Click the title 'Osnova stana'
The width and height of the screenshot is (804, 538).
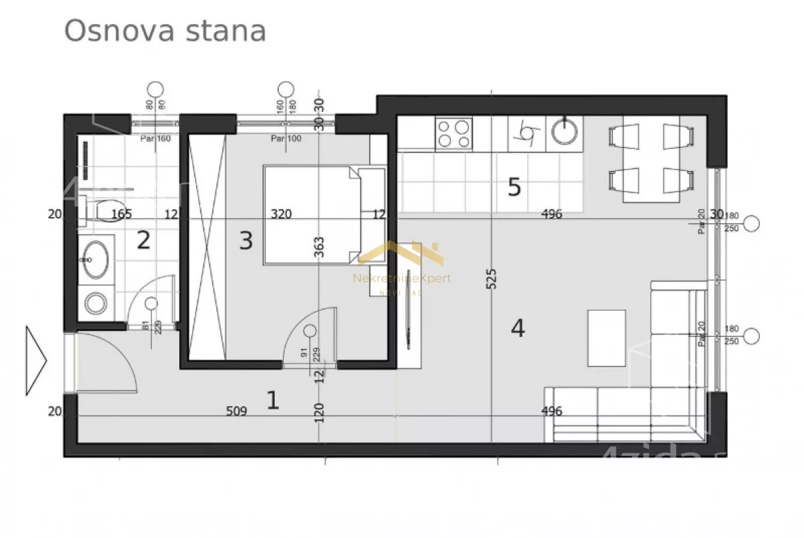165,31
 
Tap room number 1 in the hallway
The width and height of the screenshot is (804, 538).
272,400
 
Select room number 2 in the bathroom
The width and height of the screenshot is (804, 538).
143,240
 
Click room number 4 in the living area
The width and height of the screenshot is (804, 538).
517,328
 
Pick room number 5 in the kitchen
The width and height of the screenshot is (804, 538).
514,187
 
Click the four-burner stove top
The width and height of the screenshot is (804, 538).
454,133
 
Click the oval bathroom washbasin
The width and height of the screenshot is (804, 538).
96,259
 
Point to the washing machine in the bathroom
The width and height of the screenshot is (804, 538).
96,304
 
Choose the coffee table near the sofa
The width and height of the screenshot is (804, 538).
606,338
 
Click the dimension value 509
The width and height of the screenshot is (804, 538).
237,411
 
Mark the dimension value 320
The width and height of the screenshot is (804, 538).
281,214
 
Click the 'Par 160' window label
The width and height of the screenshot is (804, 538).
155,139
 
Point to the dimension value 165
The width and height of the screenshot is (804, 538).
121,214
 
